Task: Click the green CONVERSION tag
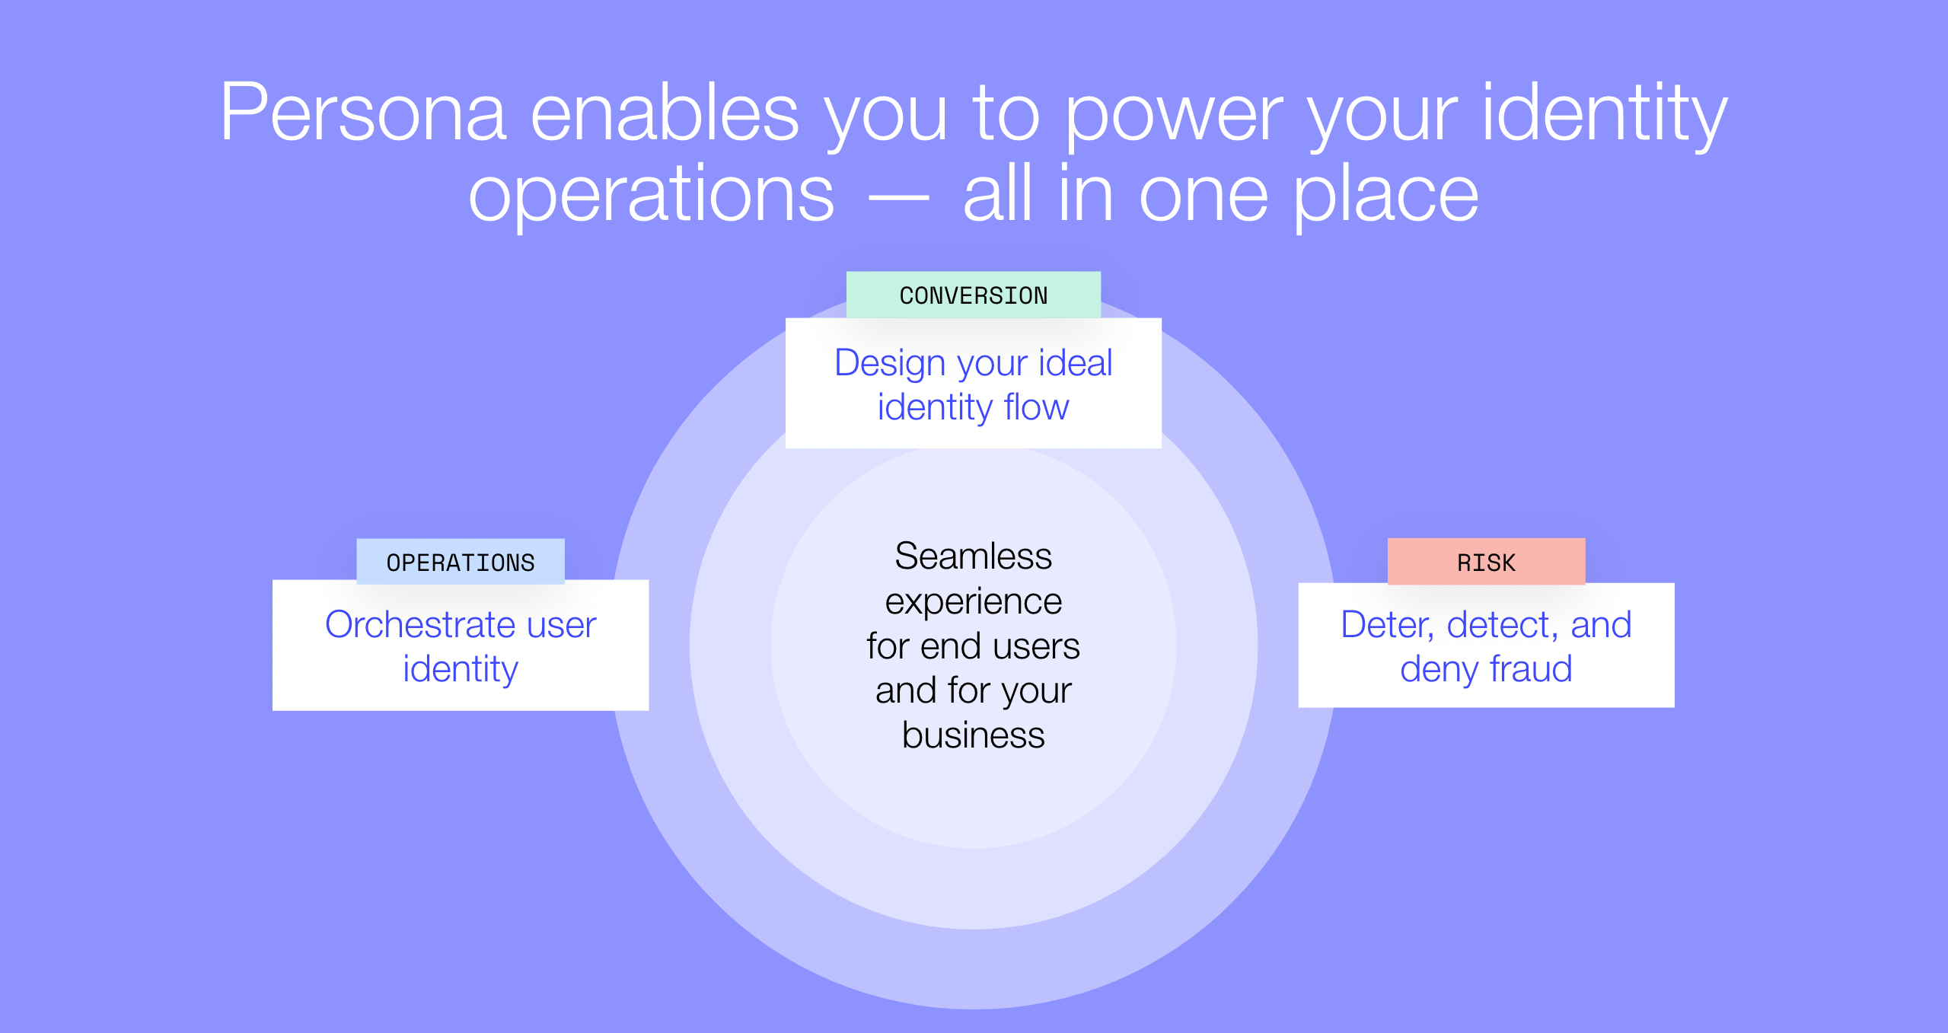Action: click(973, 295)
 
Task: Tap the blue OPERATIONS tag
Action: click(460, 563)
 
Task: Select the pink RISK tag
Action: click(1485, 563)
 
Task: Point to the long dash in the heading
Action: click(898, 199)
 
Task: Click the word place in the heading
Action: click(1385, 196)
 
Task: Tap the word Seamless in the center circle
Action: click(973, 556)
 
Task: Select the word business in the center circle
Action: click(973, 735)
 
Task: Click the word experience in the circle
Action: click(973, 602)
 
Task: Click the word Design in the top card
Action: click(890, 364)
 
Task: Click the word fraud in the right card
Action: click(1530, 669)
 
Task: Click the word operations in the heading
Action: click(651, 196)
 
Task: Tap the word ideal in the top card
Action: click(1075, 362)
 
